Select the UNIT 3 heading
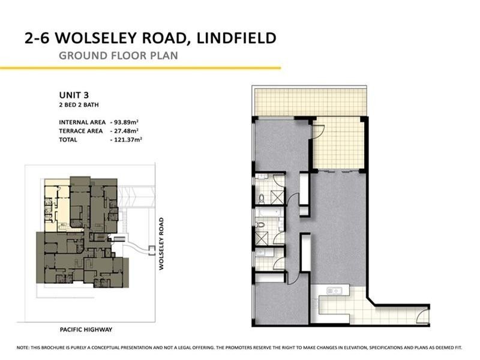(74, 95)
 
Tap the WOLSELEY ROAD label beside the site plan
(161, 244)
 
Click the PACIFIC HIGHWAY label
(86, 329)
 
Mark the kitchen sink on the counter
(335, 291)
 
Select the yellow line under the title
(140, 68)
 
